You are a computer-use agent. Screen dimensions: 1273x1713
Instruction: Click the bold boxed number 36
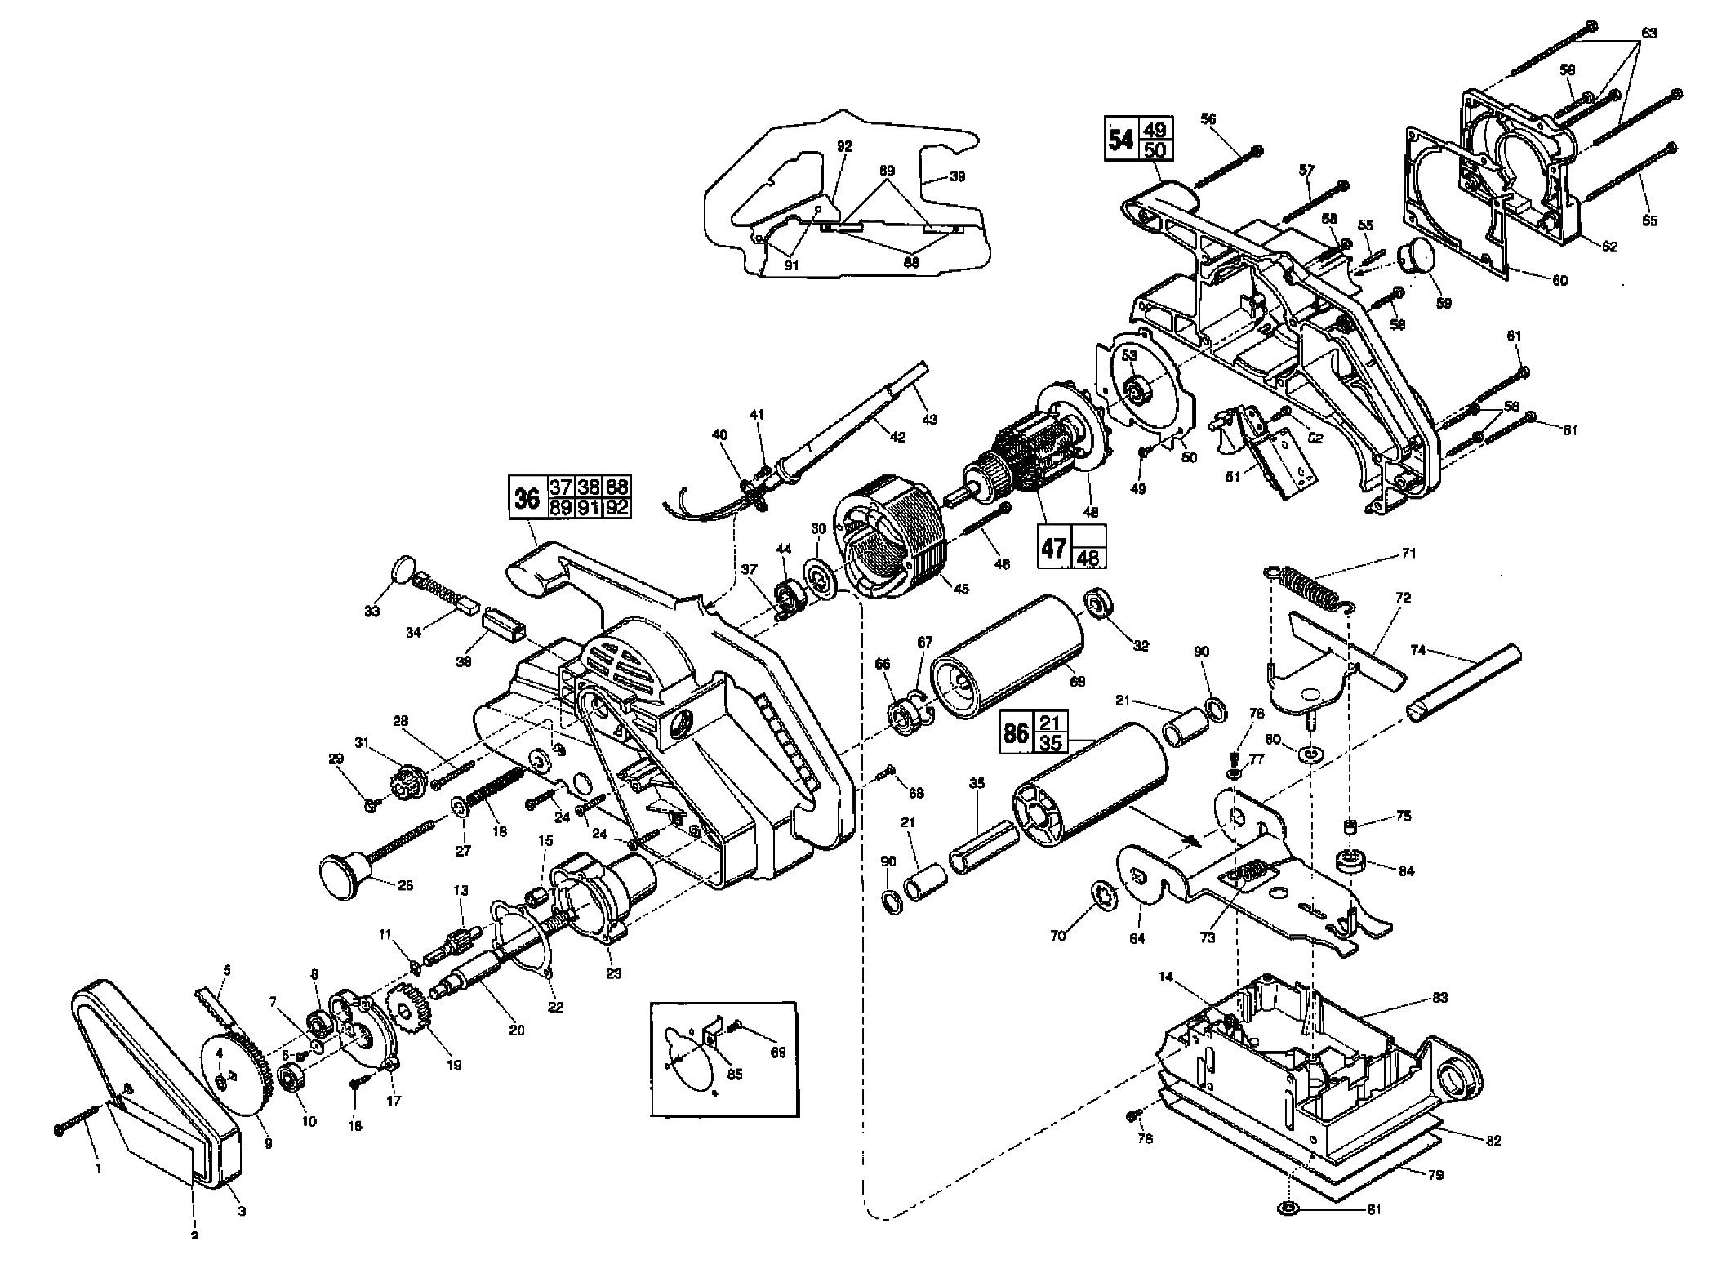(x=528, y=497)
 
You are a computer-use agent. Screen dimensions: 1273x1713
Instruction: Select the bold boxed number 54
(x=1121, y=140)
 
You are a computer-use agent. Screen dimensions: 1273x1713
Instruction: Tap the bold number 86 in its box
(x=1017, y=732)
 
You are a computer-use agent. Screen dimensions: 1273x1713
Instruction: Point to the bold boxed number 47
(x=1054, y=547)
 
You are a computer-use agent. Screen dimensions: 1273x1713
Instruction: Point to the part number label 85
(x=735, y=1075)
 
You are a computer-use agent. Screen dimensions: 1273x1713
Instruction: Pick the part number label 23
(x=613, y=973)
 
